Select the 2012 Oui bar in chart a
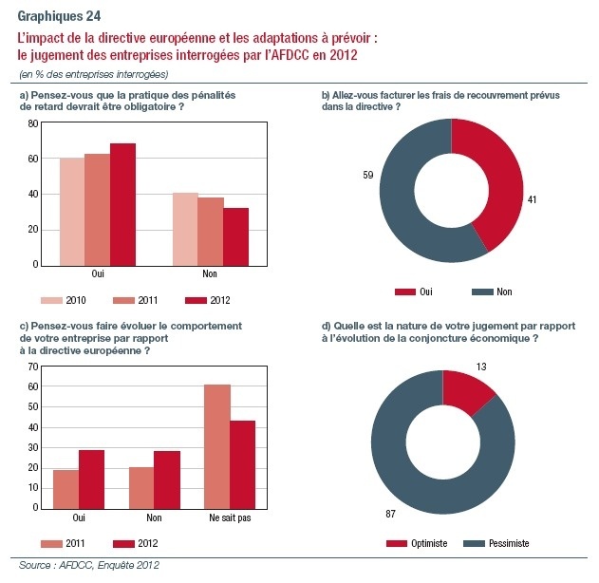coord(123,204)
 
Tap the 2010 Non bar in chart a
coord(186,229)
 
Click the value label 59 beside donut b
coord(368,175)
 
